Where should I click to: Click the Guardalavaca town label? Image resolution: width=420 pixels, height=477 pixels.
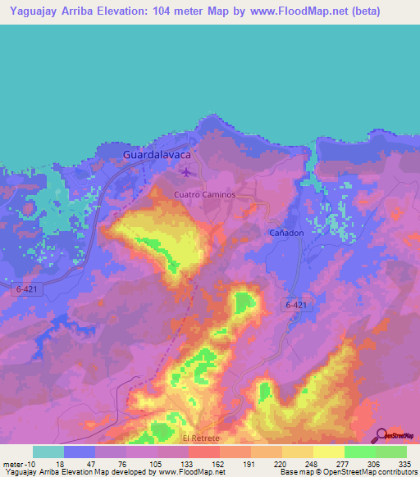click(x=157, y=154)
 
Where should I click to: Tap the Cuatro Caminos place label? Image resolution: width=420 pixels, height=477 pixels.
click(x=204, y=194)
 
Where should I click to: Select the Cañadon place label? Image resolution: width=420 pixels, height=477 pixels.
click(x=287, y=233)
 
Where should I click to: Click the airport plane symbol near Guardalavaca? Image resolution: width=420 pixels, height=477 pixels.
click(x=187, y=171)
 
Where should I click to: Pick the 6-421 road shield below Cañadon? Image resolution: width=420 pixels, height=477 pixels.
click(x=299, y=305)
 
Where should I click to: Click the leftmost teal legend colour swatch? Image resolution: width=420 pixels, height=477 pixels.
click(x=48, y=452)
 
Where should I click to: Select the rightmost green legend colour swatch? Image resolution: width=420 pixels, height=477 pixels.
click(x=391, y=452)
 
